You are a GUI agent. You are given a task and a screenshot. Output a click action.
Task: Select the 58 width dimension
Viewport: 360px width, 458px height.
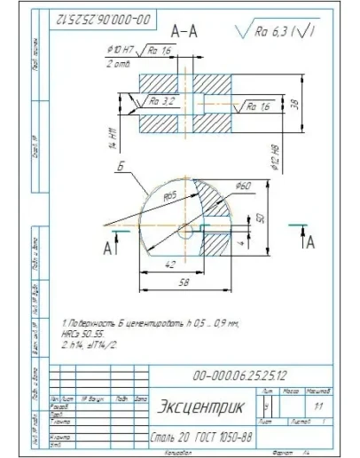coord(184,282)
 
